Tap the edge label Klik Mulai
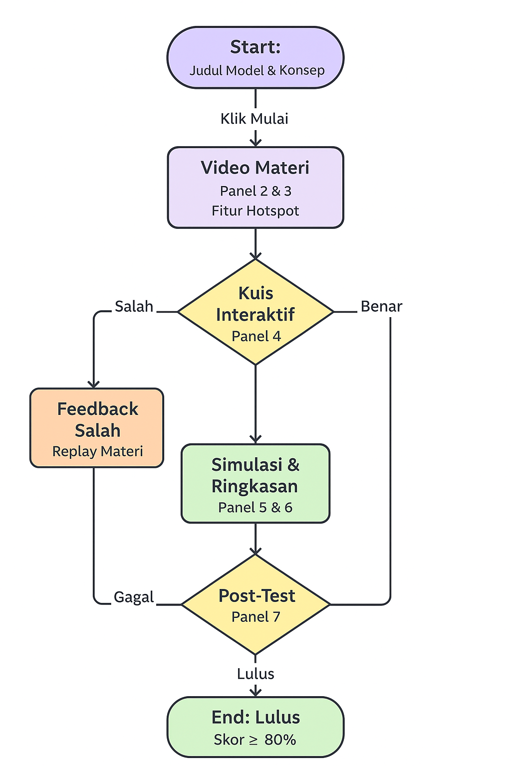[255, 119]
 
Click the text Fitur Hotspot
[255, 211]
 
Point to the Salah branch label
[134, 306]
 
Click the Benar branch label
[381, 306]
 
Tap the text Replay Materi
[97, 451]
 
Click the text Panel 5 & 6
[255, 508]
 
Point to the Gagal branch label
[134, 597]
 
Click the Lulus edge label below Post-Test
[255, 674]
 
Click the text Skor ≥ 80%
[255, 740]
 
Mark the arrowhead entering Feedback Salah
[93, 384]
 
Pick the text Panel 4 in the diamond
[256, 336]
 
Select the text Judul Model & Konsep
[257, 70]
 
